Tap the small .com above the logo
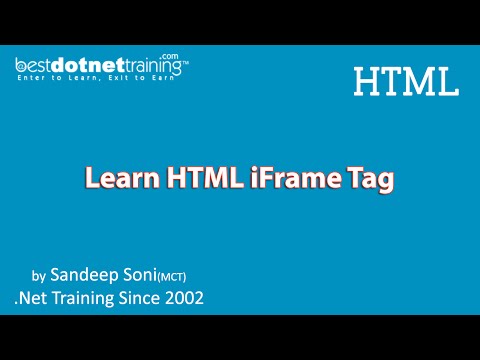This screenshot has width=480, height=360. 171,57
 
